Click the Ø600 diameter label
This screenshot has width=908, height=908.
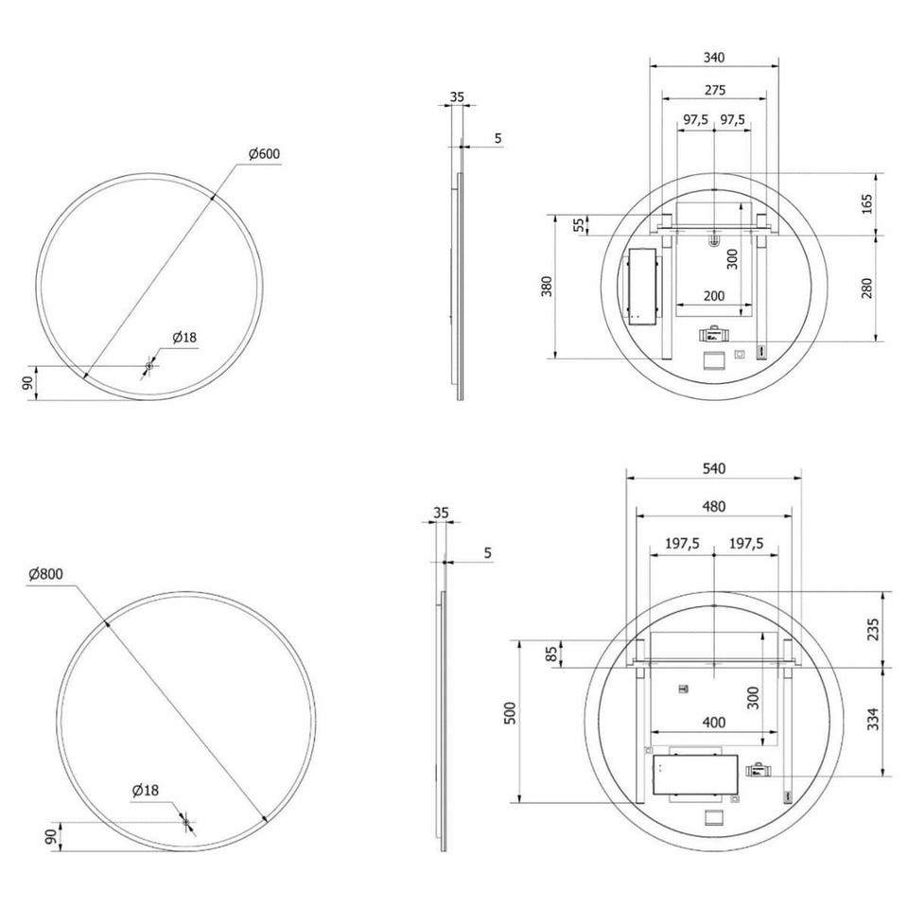click(264, 154)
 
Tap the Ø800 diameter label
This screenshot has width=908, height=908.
click(45, 574)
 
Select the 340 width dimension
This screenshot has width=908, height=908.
click(714, 58)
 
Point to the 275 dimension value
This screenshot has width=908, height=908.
click(715, 90)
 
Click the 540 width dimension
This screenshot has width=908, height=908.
click(714, 468)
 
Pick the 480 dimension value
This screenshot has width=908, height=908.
click(714, 507)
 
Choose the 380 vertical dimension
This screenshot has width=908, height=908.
click(547, 286)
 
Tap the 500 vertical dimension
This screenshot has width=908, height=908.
click(510, 713)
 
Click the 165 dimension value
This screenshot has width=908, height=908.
click(867, 204)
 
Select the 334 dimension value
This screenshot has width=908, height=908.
click(873, 719)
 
